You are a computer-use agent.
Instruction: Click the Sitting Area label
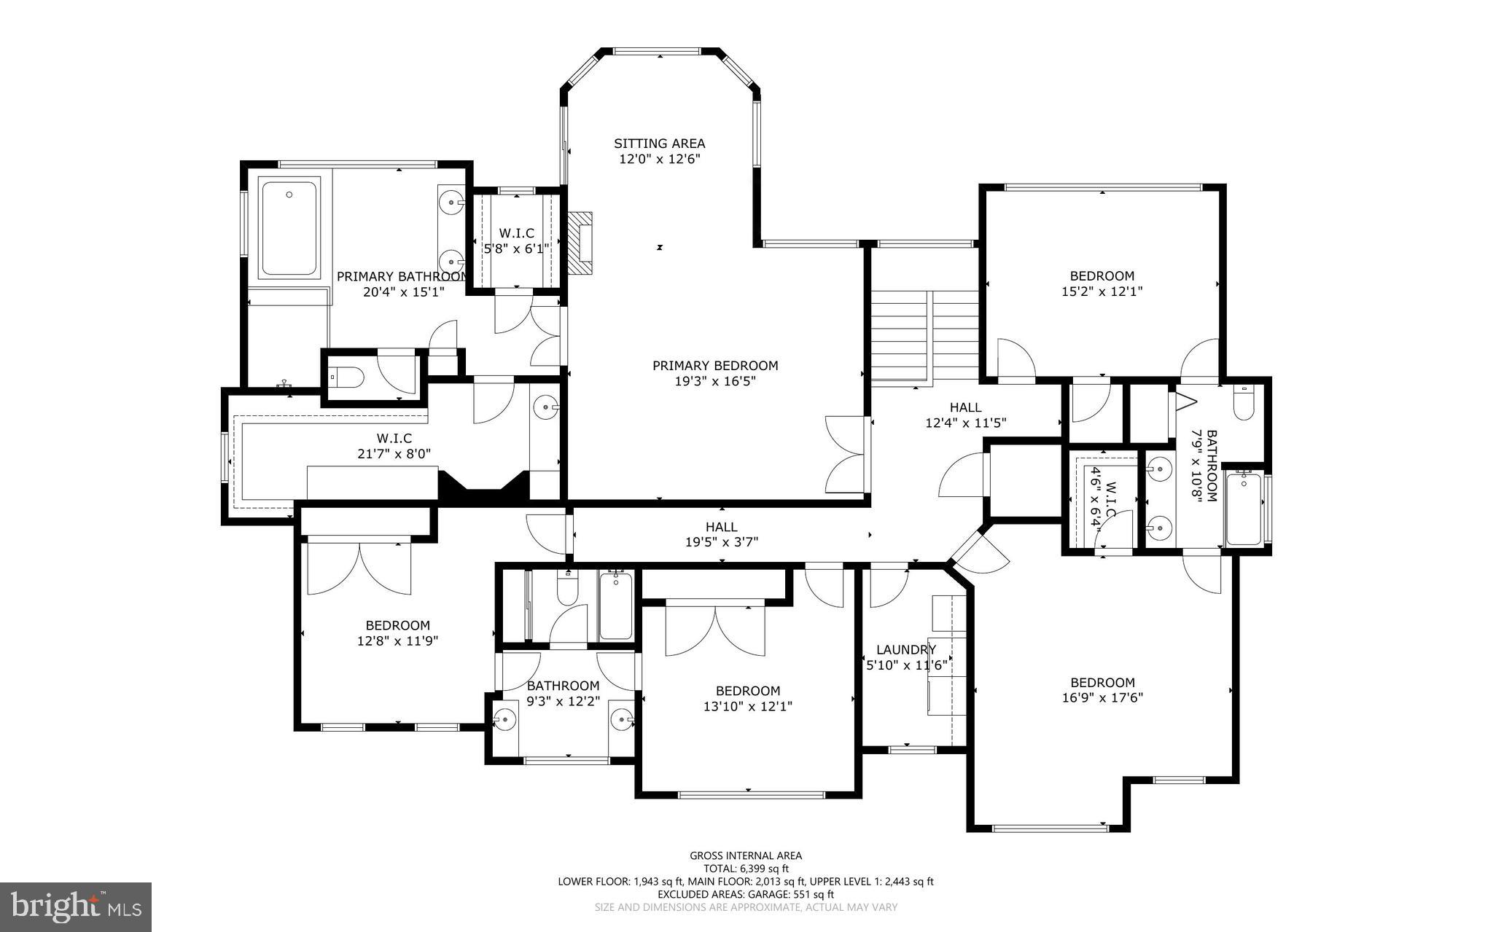click(659, 144)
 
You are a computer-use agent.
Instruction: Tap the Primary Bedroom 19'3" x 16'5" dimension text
click(714, 381)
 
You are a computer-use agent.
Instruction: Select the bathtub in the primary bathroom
click(289, 228)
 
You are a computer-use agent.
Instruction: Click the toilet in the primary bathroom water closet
click(347, 377)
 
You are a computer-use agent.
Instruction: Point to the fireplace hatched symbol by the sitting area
click(581, 243)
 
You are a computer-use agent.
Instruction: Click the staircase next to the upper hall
click(924, 334)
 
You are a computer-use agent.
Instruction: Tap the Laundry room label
click(905, 650)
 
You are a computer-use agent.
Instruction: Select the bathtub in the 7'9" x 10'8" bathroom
click(1244, 509)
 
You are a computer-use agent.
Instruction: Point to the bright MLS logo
click(76, 907)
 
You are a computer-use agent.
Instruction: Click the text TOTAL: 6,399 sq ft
click(746, 869)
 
